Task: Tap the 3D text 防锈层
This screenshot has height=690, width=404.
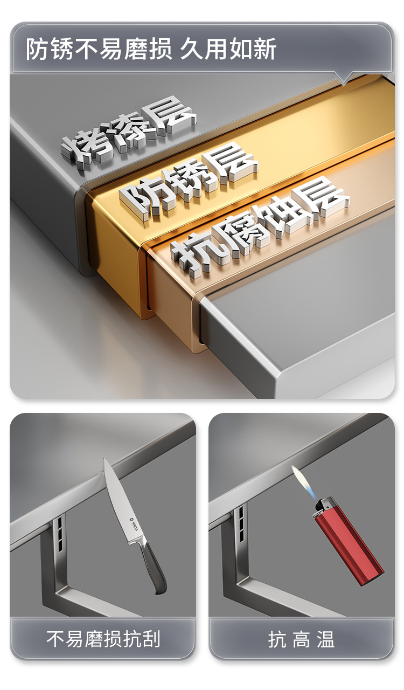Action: click(x=189, y=181)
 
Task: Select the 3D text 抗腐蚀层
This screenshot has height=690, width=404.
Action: click(x=260, y=224)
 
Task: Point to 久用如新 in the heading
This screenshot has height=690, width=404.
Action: click(x=228, y=49)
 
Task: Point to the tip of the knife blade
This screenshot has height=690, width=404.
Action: click(x=105, y=459)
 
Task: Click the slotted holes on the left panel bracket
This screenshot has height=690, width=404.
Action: click(x=60, y=534)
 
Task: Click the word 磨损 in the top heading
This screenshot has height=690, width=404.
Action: click(x=148, y=49)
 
